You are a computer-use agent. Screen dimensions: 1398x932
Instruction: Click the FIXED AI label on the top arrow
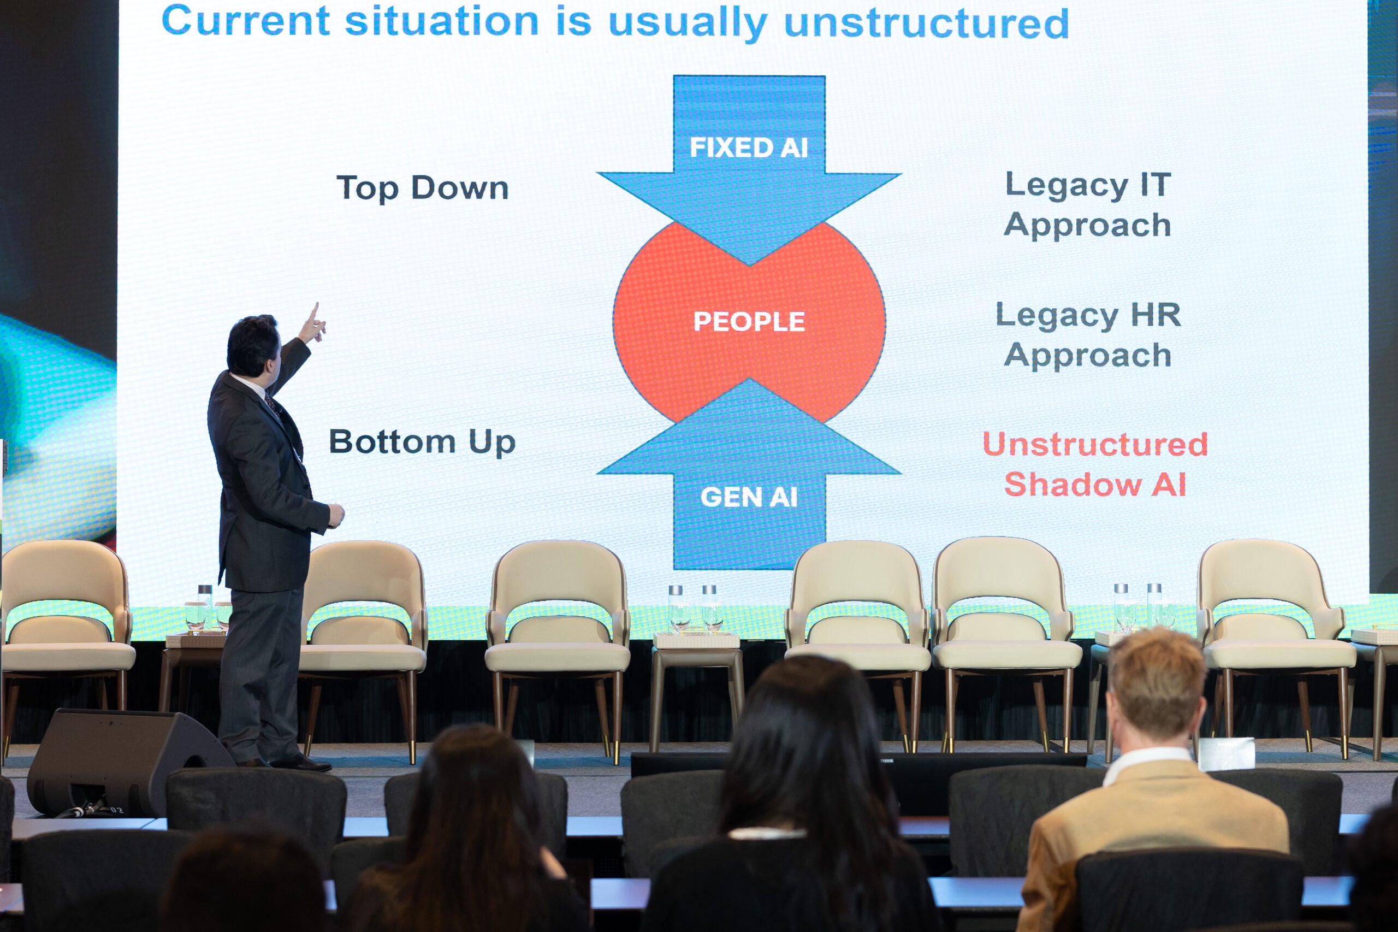(749, 148)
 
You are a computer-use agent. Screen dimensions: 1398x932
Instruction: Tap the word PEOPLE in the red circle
(749, 322)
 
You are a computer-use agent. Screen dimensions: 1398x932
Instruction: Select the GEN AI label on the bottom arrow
(749, 497)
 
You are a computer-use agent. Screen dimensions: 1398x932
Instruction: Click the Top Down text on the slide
(423, 188)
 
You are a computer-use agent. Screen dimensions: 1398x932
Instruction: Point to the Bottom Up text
(423, 442)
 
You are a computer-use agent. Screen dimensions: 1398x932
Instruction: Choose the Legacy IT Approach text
(1088, 205)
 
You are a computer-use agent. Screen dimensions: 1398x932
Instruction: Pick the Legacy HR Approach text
(1088, 335)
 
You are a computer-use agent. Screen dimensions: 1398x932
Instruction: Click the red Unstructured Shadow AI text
(1095, 464)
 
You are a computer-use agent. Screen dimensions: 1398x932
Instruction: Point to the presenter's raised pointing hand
(312, 324)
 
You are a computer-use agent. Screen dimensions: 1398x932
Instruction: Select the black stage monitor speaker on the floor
(128, 763)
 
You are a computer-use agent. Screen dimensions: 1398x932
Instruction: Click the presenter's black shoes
(285, 763)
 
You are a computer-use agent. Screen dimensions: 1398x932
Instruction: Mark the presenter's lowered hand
(336, 515)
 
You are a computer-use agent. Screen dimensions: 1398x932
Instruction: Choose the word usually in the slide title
(688, 24)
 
